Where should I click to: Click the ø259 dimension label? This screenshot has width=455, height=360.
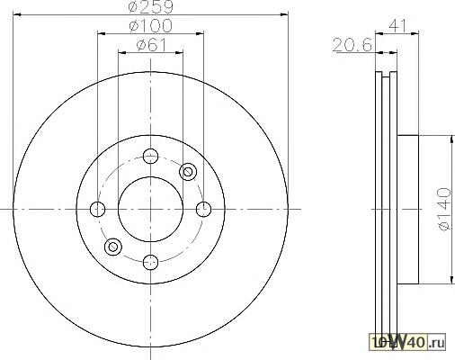pyautogui.click(x=151, y=6)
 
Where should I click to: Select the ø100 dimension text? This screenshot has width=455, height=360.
pyautogui.click(x=151, y=26)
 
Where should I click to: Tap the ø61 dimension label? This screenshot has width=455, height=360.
pyautogui.click(x=151, y=45)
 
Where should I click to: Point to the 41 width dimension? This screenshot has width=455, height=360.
pyautogui.click(x=397, y=26)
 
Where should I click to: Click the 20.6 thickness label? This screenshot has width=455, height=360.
pyautogui.click(x=352, y=45)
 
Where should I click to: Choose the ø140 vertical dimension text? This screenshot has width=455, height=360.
pyautogui.click(x=444, y=209)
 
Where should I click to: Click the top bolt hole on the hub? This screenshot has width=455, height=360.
pyautogui.click(x=150, y=156)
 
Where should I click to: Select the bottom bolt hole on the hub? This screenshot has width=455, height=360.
pyautogui.click(x=150, y=262)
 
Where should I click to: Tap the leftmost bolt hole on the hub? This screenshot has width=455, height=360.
pyautogui.click(x=97, y=209)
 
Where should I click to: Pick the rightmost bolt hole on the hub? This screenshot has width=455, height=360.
pyautogui.click(x=203, y=209)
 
